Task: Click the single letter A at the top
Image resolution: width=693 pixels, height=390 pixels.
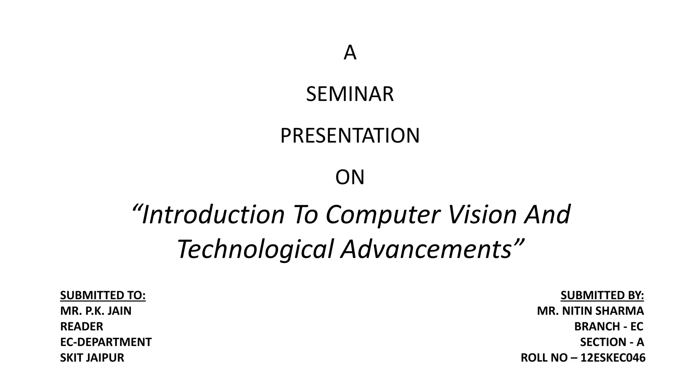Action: coord(350,53)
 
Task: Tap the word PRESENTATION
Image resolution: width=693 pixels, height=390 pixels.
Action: coord(350,136)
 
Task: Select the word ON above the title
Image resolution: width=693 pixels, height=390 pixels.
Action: coord(350,177)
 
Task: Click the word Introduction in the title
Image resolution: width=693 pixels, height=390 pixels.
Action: coord(213,215)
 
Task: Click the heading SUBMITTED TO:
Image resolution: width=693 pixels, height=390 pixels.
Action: coord(103,296)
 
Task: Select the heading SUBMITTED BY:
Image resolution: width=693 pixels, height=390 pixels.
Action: coord(602,296)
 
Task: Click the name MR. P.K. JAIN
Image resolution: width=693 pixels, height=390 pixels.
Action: coord(96,311)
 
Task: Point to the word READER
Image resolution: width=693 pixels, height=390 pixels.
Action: coord(82,326)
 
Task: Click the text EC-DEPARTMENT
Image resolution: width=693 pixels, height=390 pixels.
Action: coord(106,342)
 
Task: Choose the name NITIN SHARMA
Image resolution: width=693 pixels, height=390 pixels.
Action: coord(603,311)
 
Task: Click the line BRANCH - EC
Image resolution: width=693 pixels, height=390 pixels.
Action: coord(609,326)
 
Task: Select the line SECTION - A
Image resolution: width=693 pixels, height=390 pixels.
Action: coord(612,342)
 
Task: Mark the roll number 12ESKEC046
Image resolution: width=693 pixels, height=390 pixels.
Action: coord(613,357)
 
